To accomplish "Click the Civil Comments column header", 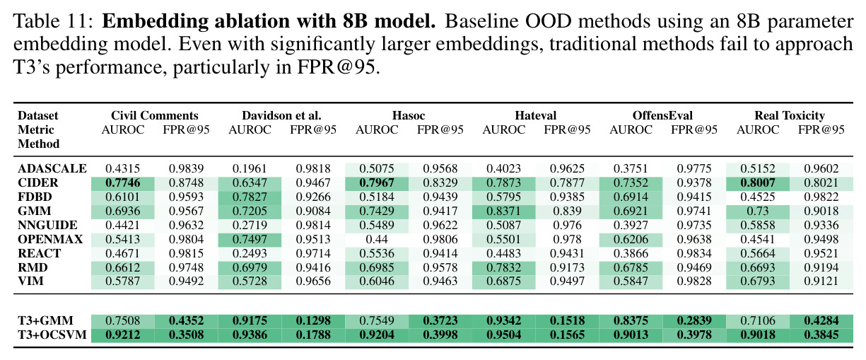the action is tap(154, 115).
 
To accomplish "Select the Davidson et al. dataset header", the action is tap(281, 115).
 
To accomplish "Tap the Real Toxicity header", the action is tap(790, 115).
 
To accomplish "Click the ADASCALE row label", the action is tap(52, 168).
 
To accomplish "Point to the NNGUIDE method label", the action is tap(47, 225).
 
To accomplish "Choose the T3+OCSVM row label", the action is tap(52, 335).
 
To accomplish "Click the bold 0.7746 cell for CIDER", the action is tap(123, 182).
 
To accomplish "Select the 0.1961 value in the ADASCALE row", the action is tap(250, 168).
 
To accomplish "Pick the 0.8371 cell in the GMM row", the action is tap(504, 211).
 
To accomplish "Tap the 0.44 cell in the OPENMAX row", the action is tap(377, 239).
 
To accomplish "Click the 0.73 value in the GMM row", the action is tap(758, 211).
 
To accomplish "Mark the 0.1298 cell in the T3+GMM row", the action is tap(313, 320).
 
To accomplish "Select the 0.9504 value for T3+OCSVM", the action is tap(504, 335).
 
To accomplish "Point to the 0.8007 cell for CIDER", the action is tap(758, 182).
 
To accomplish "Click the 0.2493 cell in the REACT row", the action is tap(250, 253).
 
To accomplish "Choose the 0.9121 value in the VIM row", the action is tap(821, 281).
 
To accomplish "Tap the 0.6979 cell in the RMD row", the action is tap(250, 267).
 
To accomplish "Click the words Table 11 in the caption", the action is tap(53, 21).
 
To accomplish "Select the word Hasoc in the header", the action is tap(409, 115).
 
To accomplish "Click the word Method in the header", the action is tap(39, 144).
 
